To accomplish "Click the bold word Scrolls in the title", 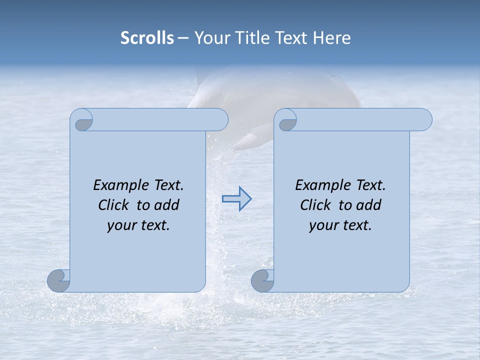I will [x=147, y=38].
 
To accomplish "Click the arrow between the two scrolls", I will [x=237, y=199].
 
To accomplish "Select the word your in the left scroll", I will [x=120, y=225].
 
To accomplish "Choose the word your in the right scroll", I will [x=322, y=225].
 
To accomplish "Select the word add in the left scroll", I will [x=167, y=205].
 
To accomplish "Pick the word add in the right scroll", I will [x=369, y=205].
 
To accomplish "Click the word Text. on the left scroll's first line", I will [x=168, y=185].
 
